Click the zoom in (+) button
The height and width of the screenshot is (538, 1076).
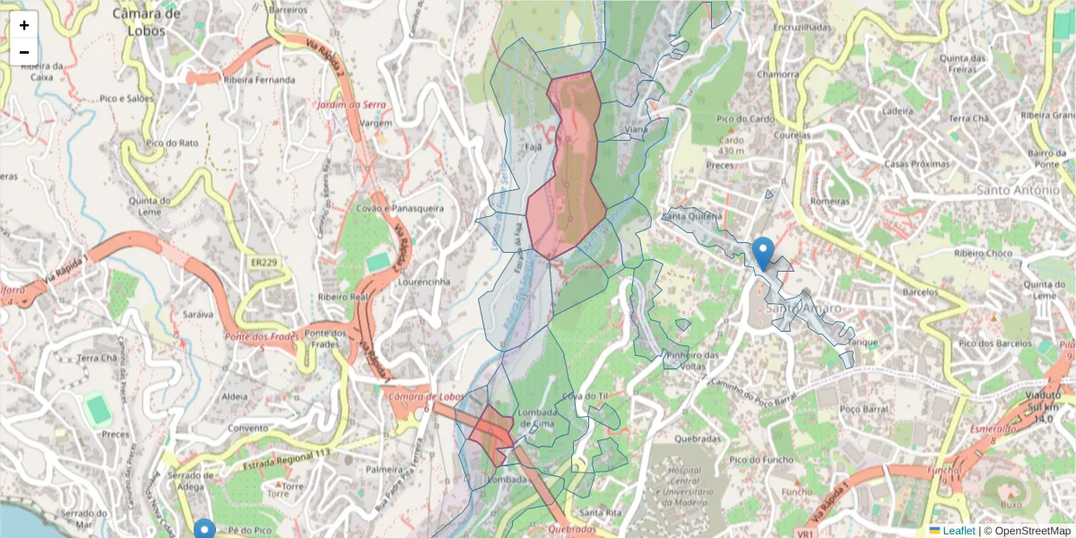pos(24,25)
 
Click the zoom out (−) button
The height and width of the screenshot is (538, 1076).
pos(24,52)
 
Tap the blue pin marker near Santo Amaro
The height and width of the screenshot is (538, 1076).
pos(763,252)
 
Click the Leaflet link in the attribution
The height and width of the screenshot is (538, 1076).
pos(959,531)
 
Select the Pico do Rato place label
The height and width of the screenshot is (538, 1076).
pos(171,143)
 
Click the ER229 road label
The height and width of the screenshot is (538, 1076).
pos(264,261)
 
